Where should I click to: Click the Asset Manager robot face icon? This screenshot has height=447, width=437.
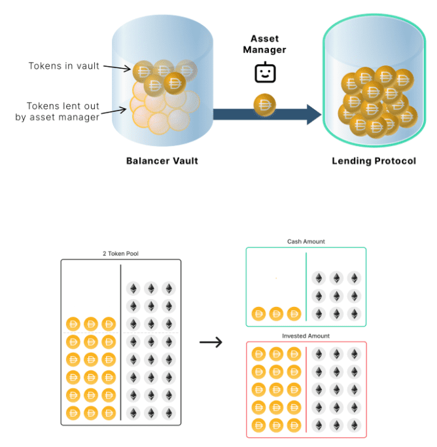point(264,73)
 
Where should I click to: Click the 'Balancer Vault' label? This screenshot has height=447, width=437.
point(162,160)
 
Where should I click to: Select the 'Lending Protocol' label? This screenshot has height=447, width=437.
point(374,160)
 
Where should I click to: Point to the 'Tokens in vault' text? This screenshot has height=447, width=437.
point(64,65)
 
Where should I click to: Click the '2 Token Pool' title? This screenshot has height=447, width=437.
point(120,253)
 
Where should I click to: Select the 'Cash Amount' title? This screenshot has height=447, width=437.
point(306,241)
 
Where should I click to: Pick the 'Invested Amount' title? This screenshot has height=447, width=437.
point(306,336)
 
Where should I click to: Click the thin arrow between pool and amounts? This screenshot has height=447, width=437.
point(211,342)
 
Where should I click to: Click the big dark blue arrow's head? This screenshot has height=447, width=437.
point(313,115)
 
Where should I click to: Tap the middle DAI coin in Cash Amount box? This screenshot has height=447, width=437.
point(275,313)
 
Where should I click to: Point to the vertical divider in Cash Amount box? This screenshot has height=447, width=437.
point(306,288)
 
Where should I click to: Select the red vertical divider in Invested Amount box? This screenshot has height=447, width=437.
point(306,389)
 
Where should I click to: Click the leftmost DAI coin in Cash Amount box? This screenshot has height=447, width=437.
point(258,313)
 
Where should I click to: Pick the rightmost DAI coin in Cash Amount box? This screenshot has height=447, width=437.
point(294,313)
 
